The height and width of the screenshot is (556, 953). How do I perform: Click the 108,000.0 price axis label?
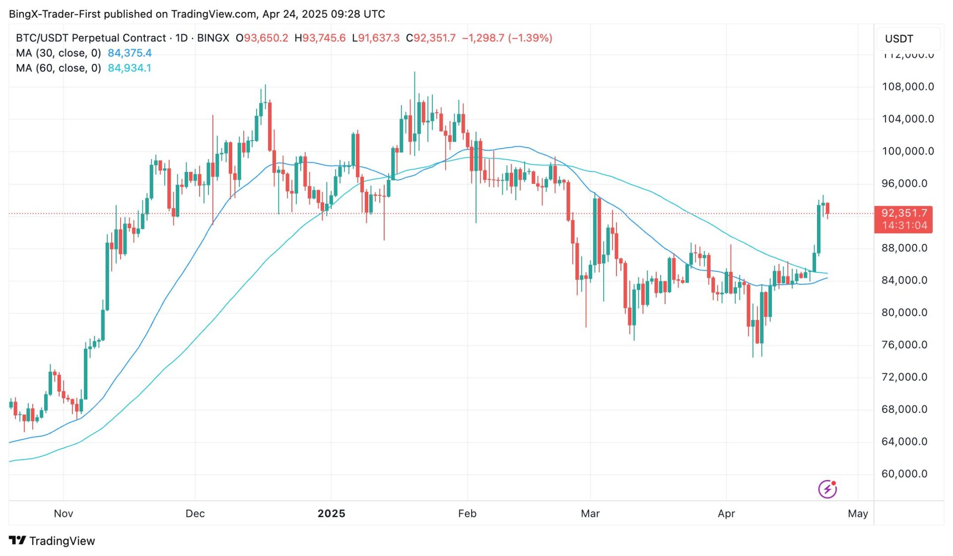coord(907,87)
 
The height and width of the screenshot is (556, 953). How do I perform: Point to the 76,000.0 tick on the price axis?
coord(904,345)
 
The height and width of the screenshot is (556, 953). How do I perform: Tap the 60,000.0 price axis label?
coord(904,474)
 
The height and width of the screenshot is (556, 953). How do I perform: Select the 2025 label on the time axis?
coord(331,514)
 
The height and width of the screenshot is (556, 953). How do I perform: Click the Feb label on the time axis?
coord(467,514)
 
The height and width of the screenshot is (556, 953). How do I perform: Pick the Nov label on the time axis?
coord(64,514)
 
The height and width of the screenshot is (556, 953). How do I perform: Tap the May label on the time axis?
coord(858,514)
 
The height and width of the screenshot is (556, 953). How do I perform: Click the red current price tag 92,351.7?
coord(903,213)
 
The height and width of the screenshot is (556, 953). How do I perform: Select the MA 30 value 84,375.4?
coord(130,53)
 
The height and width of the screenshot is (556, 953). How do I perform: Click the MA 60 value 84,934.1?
coord(130,68)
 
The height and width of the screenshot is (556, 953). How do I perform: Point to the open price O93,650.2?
coord(262,38)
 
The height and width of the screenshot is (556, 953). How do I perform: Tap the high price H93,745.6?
coord(320,38)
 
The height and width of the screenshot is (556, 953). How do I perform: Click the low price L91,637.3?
coord(376,38)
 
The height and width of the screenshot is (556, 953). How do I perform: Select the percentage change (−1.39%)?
coord(530,38)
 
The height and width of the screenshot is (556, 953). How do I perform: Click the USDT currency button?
coord(899,39)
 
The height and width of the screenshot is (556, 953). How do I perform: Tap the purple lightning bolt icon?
coord(827,489)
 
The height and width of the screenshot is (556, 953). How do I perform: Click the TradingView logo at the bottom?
coord(52,541)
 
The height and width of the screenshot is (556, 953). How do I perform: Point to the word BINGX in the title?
coord(213,38)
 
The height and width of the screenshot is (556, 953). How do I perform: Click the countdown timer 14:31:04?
coord(904,226)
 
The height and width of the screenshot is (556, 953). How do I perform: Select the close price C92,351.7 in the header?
coord(431,38)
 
